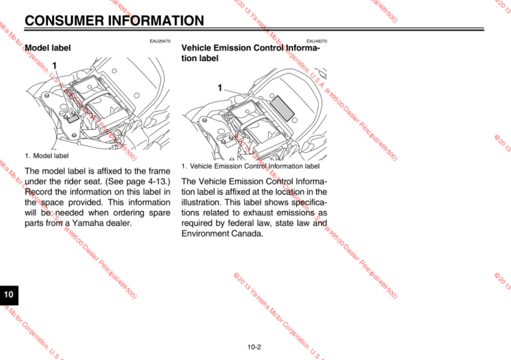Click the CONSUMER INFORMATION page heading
click(x=114, y=20)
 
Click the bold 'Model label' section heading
click(x=48, y=48)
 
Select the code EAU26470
click(x=160, y=41)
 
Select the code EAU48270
click(x=317, y=41)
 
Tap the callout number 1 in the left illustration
click(x=55, y=66)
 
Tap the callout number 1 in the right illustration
click(x=220, y=88)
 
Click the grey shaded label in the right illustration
click(x=282, y=107)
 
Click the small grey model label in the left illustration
click(x=73, y=117)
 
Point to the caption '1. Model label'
click(x=47, y=155)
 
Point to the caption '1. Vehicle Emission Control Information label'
click(x=251, y=166)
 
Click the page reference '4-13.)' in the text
click(x=159, y=181)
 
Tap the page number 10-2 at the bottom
click(x=254, y=347)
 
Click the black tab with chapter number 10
click(x=9, y=295)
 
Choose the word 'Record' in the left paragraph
click(x=37, y=192)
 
